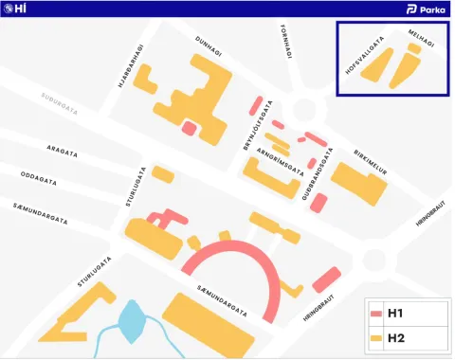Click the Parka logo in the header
pyautogui.click(x=425, y=9)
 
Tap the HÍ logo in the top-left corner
pyautogui.click(x=15, y=9)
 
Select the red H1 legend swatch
pyautogui.click(x=375, y=313)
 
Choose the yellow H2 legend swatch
pyautogui.click(x=375, y=337)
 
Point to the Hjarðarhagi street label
pyautogui.click(x=131, y=66)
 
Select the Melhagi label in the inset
pyautogui.click(x=422, y=38)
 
